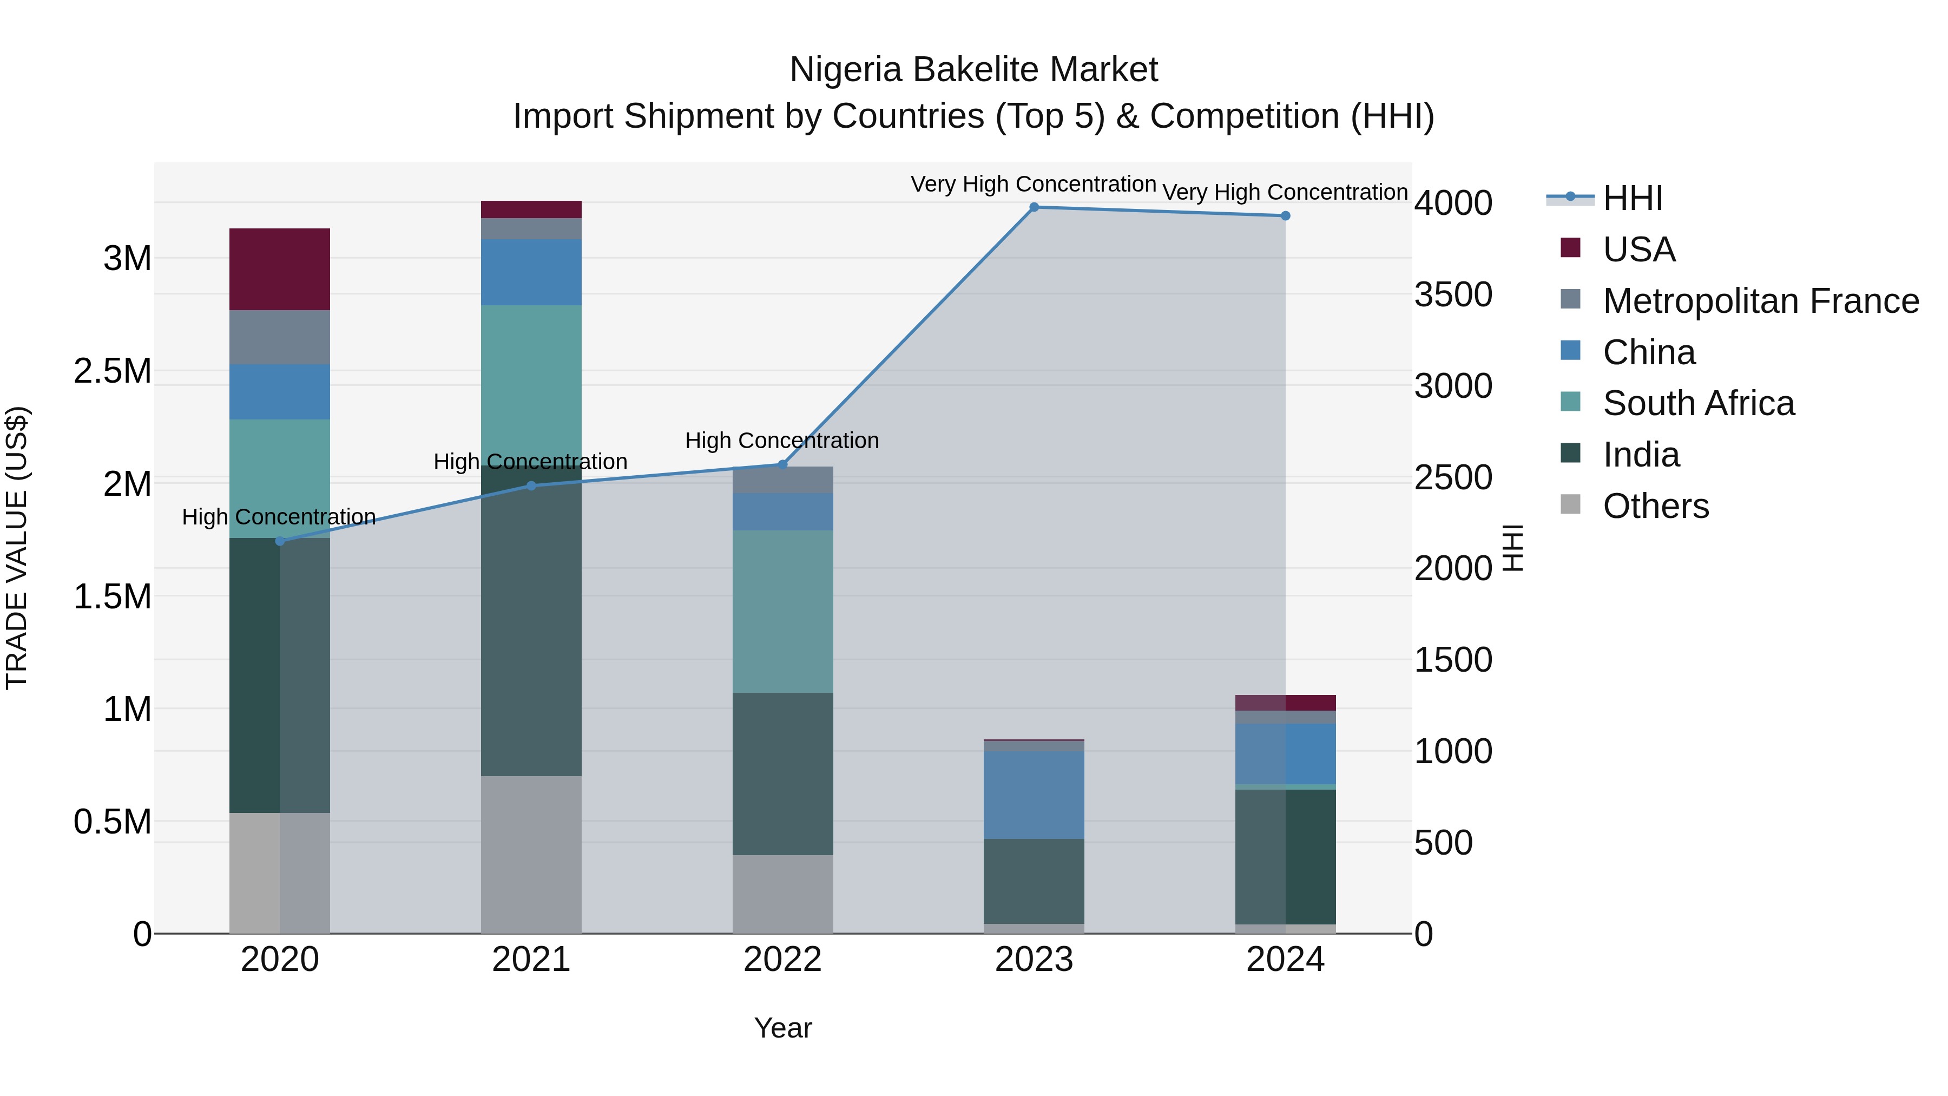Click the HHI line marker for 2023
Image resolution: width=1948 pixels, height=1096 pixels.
[1034, 207]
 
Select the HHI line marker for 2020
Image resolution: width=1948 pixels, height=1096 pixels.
[280, 541]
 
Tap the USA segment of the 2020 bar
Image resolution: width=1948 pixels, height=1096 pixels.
[280, 270]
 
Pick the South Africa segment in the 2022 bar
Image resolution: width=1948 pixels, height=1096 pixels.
[782, 611]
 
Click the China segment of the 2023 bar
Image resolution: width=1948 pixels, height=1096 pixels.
[1034, 794]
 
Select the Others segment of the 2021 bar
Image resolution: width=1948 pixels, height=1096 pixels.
[531, 854]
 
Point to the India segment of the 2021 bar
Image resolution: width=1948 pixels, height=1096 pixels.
[531, 620]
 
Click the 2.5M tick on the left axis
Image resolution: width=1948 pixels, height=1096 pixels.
[113, 371]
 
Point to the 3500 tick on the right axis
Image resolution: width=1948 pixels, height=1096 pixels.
[1453, 295]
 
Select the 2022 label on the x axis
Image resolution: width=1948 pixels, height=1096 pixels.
[782, 960]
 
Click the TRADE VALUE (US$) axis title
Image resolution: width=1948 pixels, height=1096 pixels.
[17, 548]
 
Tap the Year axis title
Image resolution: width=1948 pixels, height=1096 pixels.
[782, 1028]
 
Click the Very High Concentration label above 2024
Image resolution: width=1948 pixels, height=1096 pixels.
[1285, 192]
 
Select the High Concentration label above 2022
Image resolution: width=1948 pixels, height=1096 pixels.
[782, 440]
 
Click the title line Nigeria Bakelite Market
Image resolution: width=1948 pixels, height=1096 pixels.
[973, 70]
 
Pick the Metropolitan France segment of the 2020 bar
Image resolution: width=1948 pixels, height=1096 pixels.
[280, 337]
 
